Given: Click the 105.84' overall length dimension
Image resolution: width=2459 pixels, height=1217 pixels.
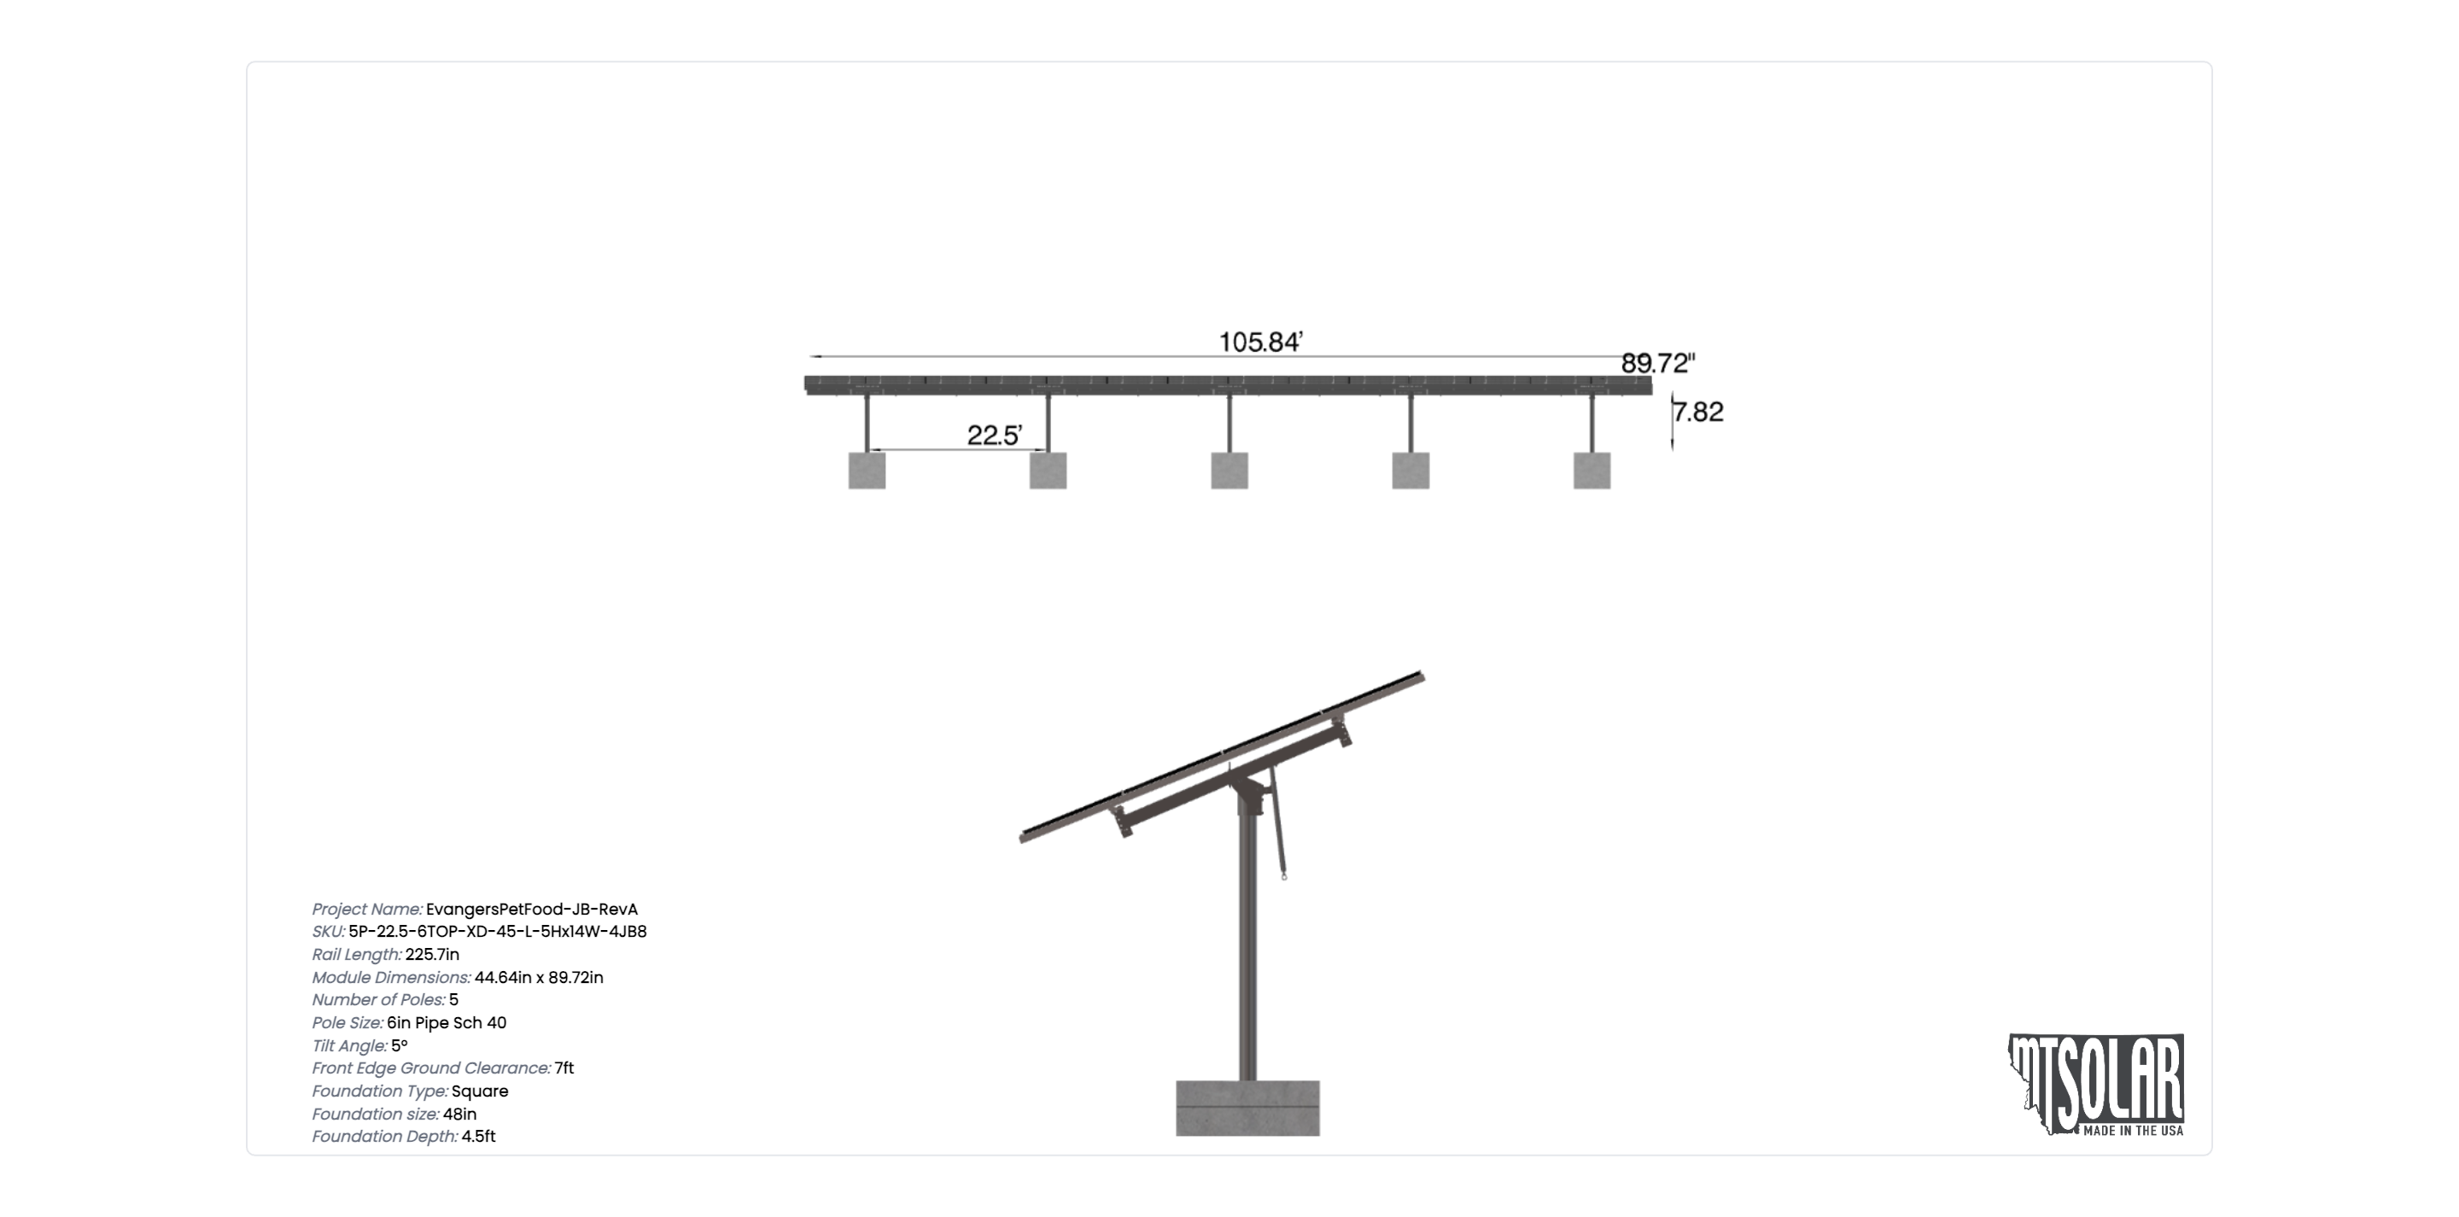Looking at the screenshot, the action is click(1260, 342).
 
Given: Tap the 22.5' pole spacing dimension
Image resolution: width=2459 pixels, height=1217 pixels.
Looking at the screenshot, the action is click(994, 436).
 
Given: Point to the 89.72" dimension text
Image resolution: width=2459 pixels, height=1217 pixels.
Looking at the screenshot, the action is click(1658, 363).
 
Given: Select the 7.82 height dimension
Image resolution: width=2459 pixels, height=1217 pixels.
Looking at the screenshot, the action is click(1699, 412).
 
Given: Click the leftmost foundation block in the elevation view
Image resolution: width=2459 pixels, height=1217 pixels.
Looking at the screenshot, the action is click(867, 471).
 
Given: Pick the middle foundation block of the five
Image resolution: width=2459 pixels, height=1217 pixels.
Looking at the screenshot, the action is click(1229, 471).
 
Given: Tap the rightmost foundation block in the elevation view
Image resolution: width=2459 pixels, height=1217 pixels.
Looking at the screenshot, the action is click(1592, 471).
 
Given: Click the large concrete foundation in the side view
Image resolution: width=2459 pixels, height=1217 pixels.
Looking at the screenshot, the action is click(1247, 1109).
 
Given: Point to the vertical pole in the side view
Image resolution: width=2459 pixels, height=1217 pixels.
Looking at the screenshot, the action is click(1247, 945).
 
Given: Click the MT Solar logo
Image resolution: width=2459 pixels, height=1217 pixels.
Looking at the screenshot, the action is click(2096, 1085).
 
